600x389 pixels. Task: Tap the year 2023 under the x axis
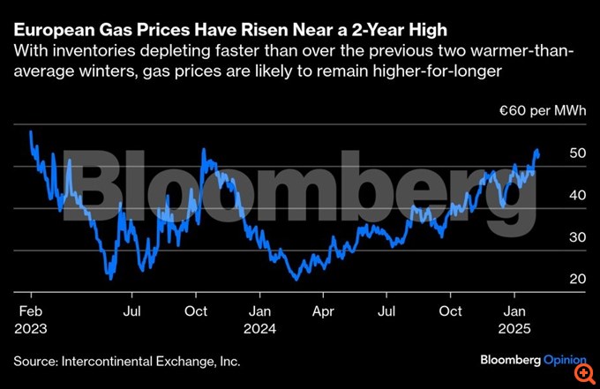[32, 328]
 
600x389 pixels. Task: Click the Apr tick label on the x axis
[324, 311]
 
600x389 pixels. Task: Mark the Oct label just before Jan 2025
[450, 311]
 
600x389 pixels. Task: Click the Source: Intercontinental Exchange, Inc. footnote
[126, 361]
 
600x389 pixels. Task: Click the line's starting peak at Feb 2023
[31, 131]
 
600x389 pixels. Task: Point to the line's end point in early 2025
[538, 155]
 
